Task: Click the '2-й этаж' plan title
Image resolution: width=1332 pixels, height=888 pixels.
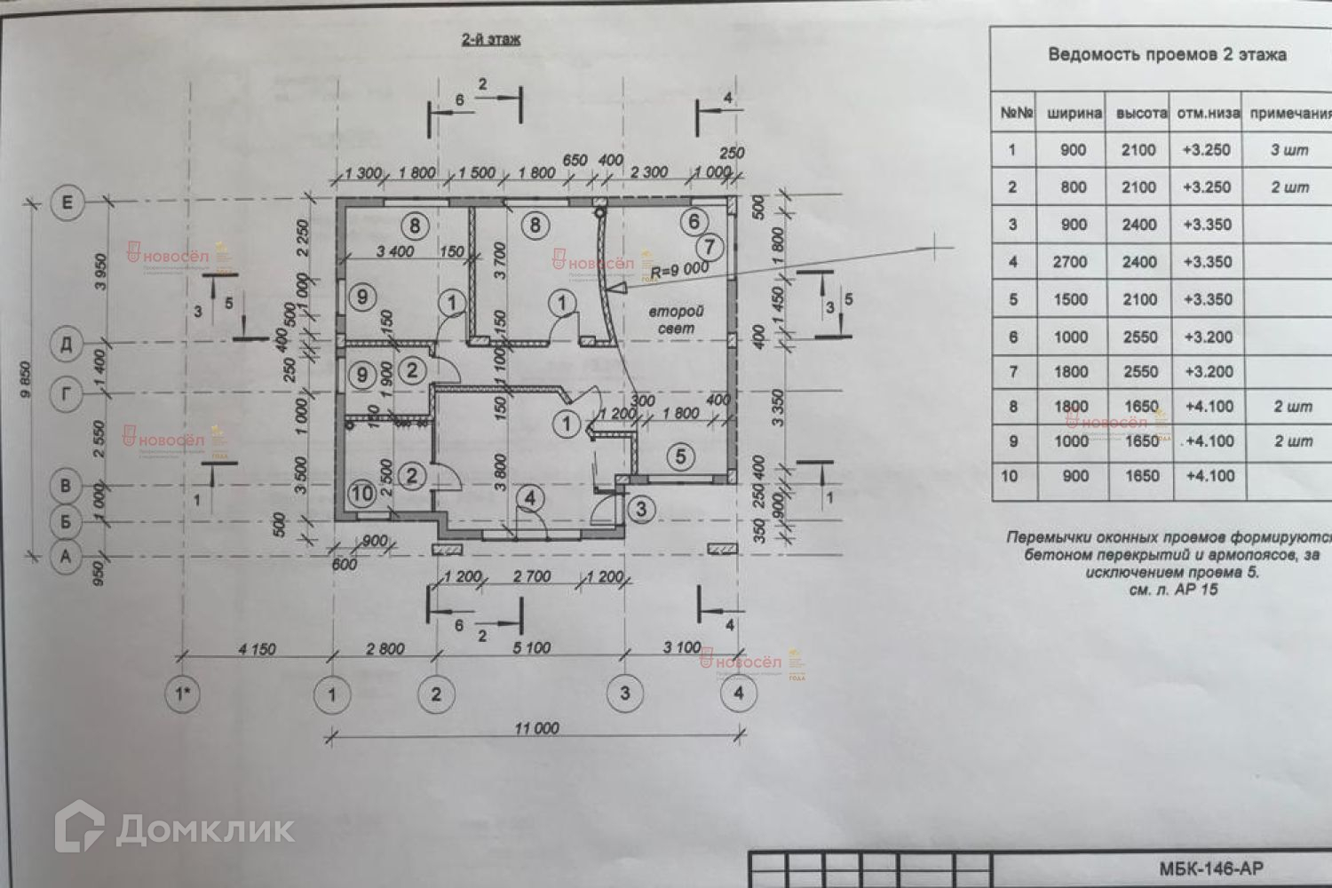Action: point(489,39)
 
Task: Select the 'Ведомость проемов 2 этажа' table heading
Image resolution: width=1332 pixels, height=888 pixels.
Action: point(1167,54)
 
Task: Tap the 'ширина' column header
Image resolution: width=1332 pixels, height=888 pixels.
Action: point(1074,114)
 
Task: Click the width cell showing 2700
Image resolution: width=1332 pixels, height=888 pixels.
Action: point(1074,262)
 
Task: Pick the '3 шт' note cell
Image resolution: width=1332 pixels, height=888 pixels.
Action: point(1289,150)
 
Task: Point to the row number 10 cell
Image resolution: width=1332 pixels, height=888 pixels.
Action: point(1011,476)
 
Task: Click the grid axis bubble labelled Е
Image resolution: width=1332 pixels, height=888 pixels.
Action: point(67,203)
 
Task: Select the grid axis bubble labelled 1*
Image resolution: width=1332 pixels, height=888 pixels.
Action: point(182,694)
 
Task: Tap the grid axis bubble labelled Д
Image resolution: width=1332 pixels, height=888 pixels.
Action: point(67,343)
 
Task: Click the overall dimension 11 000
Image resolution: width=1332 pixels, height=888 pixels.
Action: point(536,728)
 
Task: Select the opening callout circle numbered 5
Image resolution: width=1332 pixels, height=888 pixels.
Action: point(681,456)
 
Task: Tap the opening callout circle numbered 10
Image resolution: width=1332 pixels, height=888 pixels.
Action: point(362,493)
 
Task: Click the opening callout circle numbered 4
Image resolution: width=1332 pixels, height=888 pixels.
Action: point(530,499)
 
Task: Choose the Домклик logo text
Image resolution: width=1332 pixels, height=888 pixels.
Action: point(204,829)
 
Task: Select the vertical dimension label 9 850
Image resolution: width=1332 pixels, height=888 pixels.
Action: point(28,378)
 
